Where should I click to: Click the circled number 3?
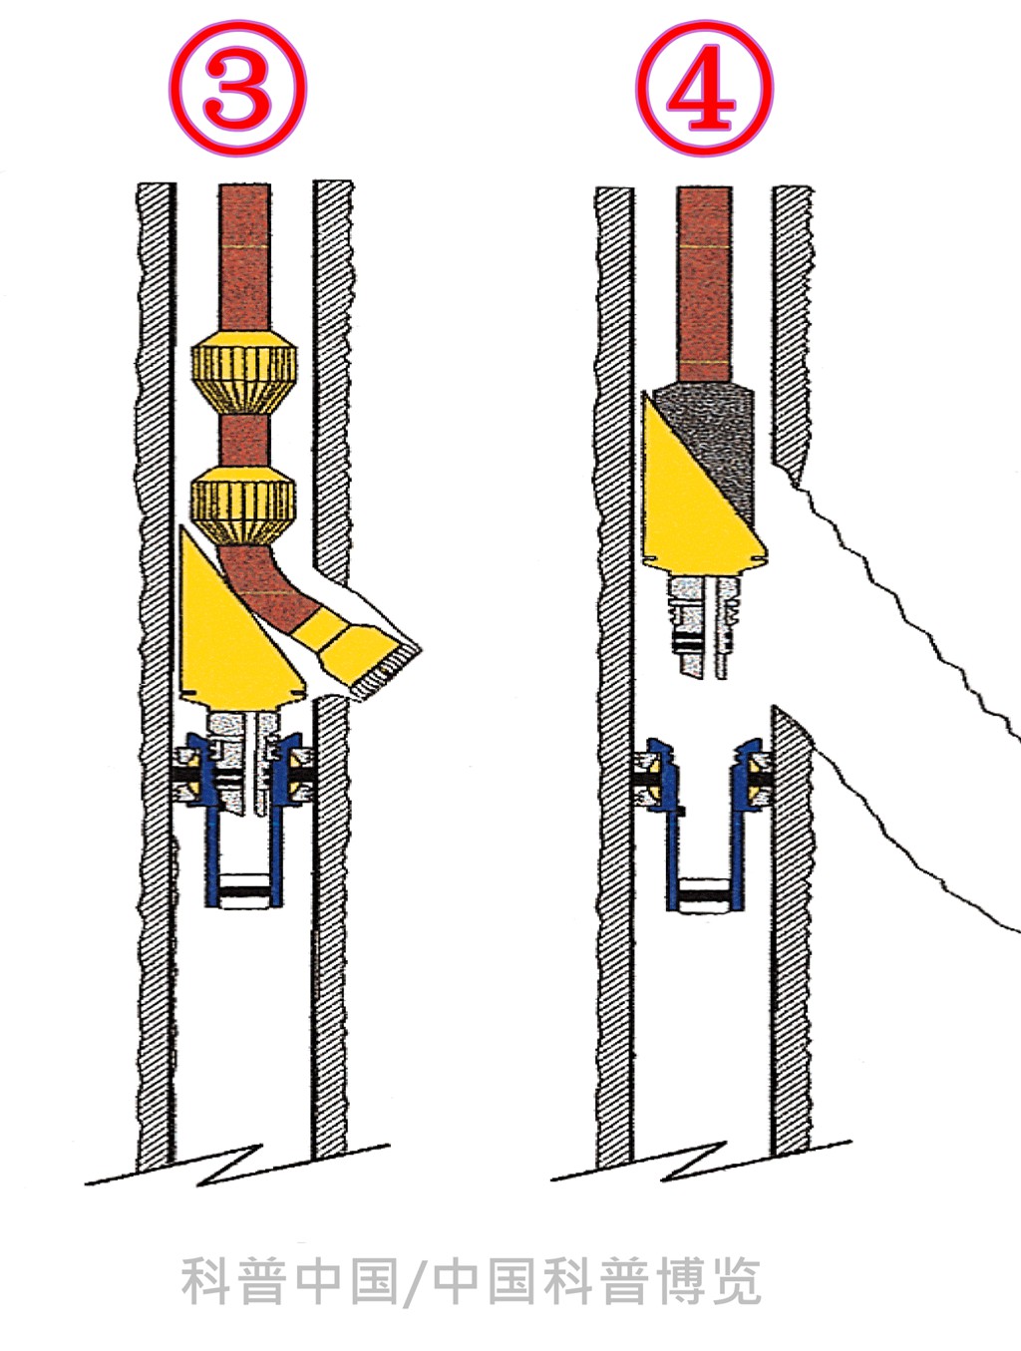(x=237, y=88)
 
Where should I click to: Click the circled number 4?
(x=704, y=88)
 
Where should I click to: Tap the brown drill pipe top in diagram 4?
(x=705, y=283)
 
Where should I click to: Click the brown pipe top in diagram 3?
(x=244, y=257)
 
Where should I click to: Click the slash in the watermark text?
(x=414, y=1282)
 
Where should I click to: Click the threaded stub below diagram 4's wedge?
(x=705, y=626)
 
